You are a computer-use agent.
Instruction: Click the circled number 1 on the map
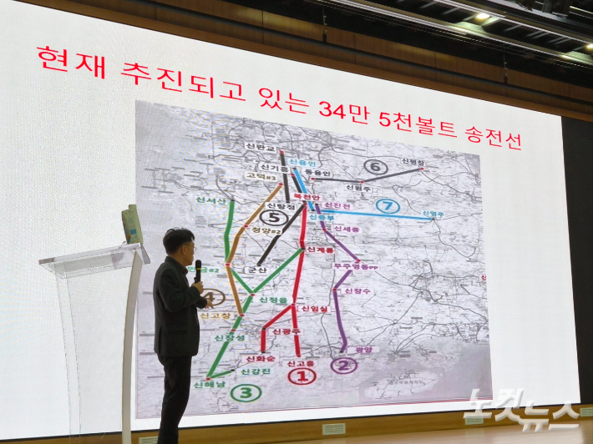pyautogui.click(x=302, y=376)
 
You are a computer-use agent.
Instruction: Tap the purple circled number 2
pyautogui.click(x=343, y=365)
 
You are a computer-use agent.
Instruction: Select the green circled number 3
pyautogui.click(x=246, y=391)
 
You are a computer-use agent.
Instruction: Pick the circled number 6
pyautogui.click(x=375, y=166)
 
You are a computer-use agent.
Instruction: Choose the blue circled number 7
pyautogui.click(x=384, y=205)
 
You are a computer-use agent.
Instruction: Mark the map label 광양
pyautogui.click(x=365, y=350)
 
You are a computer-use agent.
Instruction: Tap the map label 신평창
pyautogui.click(x=412, y=162)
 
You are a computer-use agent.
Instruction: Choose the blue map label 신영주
pyautogui.click(x=432, y=214)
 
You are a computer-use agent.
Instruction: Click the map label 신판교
pyautogui.click(x=260, y=147)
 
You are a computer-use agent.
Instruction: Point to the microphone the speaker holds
pyautogui.click(x=198, y=268)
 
